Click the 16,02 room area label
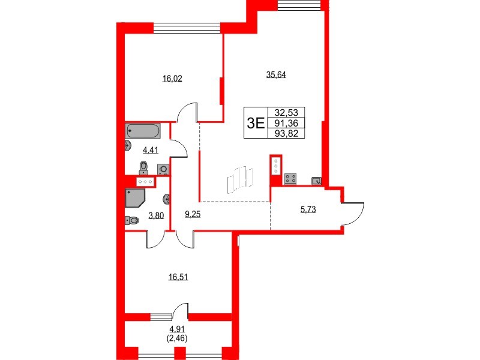point(172,78)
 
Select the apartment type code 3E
point(256,123)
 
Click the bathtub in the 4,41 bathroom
point(143,130)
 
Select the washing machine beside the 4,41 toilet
point(163,169)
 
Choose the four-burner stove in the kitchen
point(291,178)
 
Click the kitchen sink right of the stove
point(317,180)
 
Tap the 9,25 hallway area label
point(193,213)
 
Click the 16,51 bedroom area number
point(178,277)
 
